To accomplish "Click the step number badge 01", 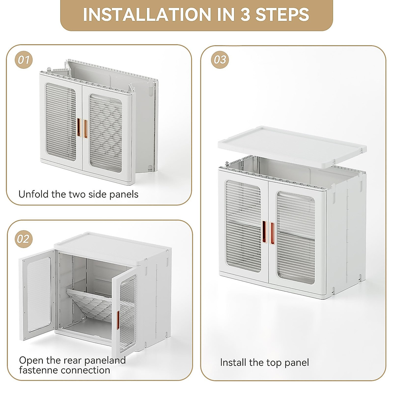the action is click(x=24, y=60).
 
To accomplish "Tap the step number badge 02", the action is click(x=24, y=239).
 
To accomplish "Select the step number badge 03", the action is click(x=220, y=60).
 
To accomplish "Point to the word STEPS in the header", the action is click(x=282, y=14).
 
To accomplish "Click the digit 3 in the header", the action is click(x=245, y=14).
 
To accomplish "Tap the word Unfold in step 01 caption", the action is click(x=33, y=194).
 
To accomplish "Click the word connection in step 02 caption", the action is click(x=84, y=370).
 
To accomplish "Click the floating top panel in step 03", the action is click(x=292, y=146).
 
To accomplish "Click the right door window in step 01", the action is click(x=106, y=133).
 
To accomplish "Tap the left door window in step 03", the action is click(x=244, y=226).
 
